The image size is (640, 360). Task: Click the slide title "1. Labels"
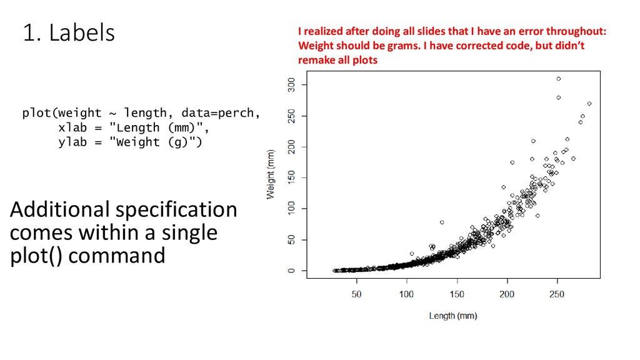[x=69, y=32]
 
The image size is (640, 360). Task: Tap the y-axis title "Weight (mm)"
[x=271, y=174]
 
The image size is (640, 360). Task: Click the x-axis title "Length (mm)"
[x=453, y=316]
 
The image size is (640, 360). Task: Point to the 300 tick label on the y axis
[x=291, y=85]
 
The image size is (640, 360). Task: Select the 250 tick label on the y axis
[x=291, y=116]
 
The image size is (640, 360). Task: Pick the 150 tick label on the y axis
[x=291, y=178]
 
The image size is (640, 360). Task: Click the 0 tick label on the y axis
[x=291, y=271]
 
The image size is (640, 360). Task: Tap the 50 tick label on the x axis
[x=356, y=294]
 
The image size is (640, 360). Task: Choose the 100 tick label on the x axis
[x=406, y=294]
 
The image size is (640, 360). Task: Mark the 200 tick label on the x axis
[x=507, y=294]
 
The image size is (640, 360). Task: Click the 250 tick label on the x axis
[x=557, y=294]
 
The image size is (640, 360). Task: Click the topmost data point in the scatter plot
[x=559, y=79]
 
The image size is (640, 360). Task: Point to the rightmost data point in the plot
[x=589, y=104]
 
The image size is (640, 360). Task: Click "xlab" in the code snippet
[x=72, y=127]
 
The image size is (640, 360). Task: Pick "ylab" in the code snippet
[x=72, y=142]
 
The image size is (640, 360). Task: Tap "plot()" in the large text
[x=36, y=256]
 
